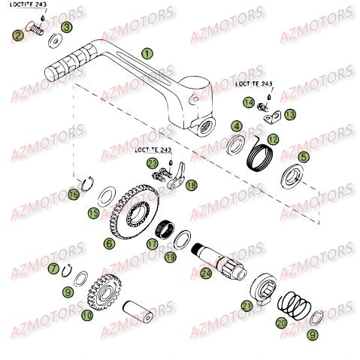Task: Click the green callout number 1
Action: coord(147,53)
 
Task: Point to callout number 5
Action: coord(304,157)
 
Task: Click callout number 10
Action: coord(87,316)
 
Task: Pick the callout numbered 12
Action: coord(274,138)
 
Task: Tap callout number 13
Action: coord(289,114)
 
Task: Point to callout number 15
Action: coord(93,213)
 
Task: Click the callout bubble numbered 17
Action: coord(153,244)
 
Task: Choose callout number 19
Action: coord(170,257)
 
